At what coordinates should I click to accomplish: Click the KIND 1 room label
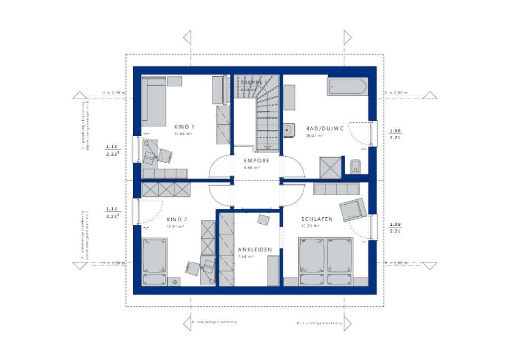click(184, 127)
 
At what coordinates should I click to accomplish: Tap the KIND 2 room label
click(177, 219)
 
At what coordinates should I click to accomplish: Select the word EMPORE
click(256, 161)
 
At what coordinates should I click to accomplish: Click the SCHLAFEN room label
click(317, 219)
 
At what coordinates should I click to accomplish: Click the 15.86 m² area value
click(184, 134)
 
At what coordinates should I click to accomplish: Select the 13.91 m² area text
click(176, 226)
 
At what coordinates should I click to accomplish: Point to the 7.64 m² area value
click(246, 257)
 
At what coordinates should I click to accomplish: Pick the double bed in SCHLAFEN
click(326, 261)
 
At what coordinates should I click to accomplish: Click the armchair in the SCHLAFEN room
click(353, 209)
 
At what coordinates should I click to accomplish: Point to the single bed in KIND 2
click(155, 261)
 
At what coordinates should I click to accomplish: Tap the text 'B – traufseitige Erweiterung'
click(319, 323)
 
